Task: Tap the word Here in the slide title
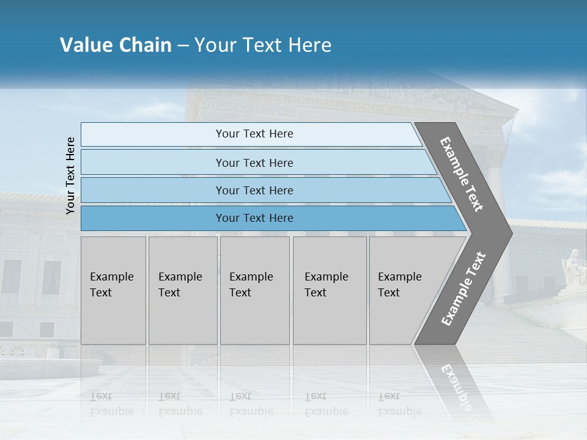click(x=309, y=45)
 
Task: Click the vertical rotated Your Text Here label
click(x=70, y=176)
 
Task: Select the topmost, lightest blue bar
click(x=254, y=134)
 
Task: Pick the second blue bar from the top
click(x=254, y=163)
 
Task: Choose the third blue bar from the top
click(x=254, y=190)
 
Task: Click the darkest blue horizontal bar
click(x=254, y=218)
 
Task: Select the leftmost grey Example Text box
click(x=113, y=290)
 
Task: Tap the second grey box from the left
click(x=182, y=290)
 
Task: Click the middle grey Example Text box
click(x=254, y=290)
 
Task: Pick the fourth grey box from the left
click(x=329, y=290)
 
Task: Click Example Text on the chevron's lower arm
click(x=463, y=289)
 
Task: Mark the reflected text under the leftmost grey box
click(x=111, y=404)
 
